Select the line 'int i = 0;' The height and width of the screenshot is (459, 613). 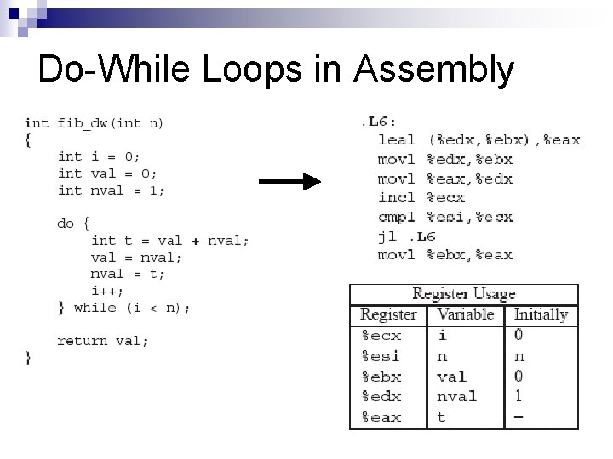tap(99, 156)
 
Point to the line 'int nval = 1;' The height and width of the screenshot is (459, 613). tap(112, 190)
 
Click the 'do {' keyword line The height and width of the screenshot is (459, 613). tap(73, 224)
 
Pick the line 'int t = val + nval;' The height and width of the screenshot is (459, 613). tap(170, 241)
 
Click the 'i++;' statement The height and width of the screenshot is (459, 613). tap(107, 291)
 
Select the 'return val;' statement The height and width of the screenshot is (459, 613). tap(103, 341)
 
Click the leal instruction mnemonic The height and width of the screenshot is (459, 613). tap(397, 140)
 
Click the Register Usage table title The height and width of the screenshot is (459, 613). tap(464, 294)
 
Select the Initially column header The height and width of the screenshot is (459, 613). tap(541, 314)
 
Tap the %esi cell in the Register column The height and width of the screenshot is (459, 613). tap(381, 356)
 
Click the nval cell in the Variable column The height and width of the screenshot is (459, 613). tap(457, 396)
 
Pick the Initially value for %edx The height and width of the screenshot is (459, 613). tap(518, 396)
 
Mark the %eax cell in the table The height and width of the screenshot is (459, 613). tap(381, 417)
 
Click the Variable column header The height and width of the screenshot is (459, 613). tap(465, 314)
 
